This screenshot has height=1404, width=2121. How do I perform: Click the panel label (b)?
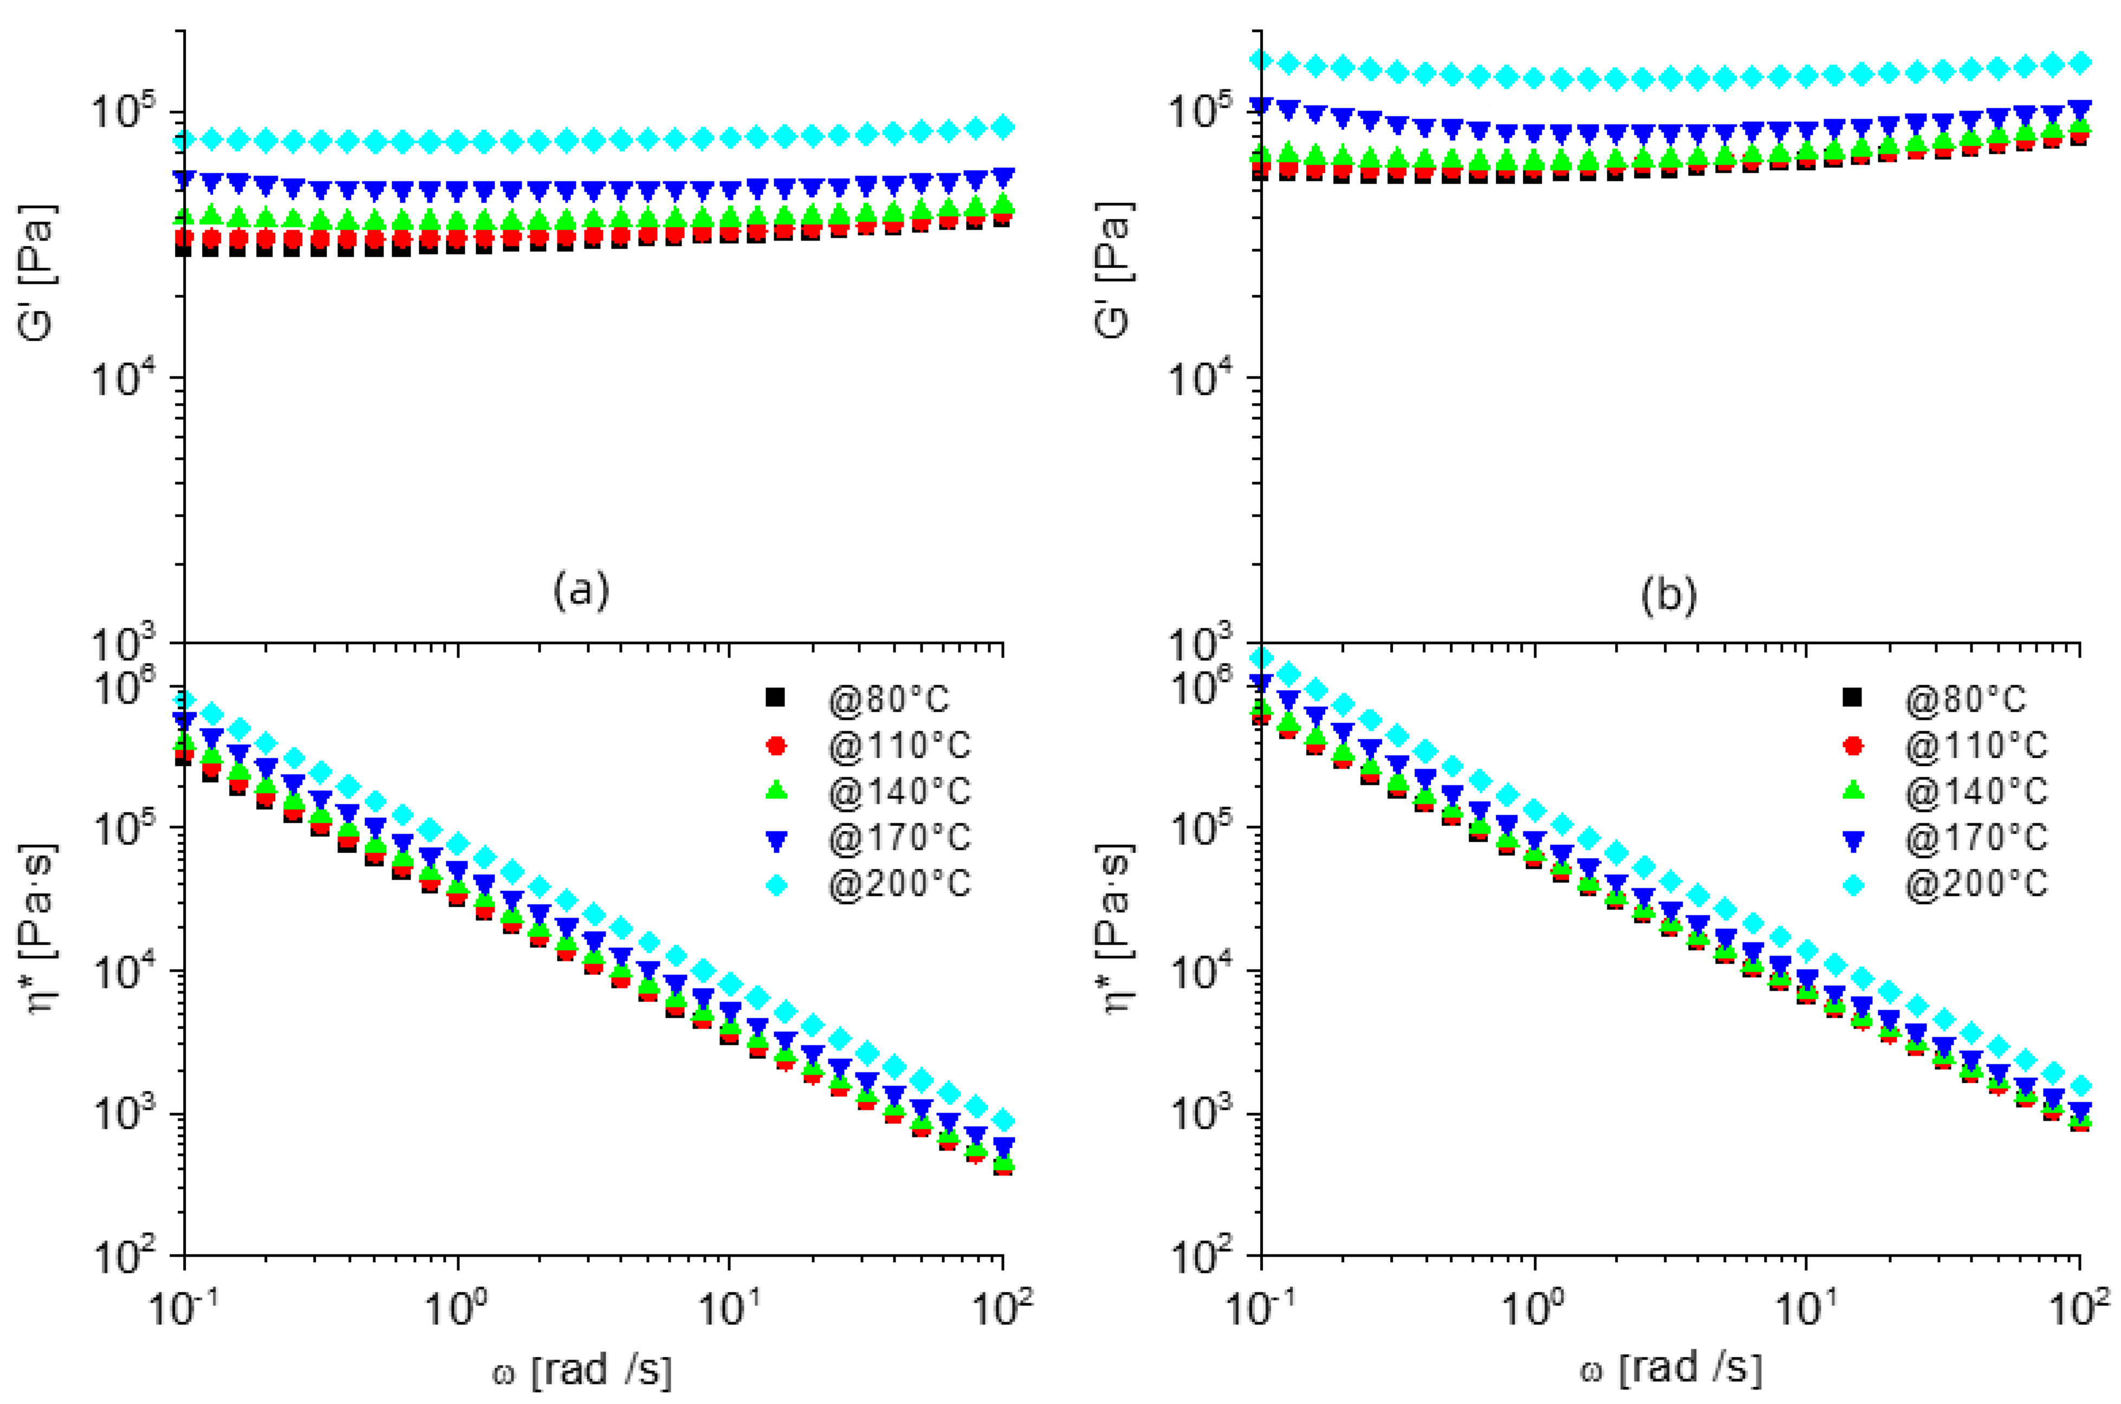tap(1668, 595)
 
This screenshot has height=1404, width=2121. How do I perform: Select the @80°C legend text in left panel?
tap(887, 699)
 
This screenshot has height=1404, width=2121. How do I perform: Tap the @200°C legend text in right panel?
tap(1975, 885)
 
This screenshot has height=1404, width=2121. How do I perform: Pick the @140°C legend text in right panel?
tap(1975, 791)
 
